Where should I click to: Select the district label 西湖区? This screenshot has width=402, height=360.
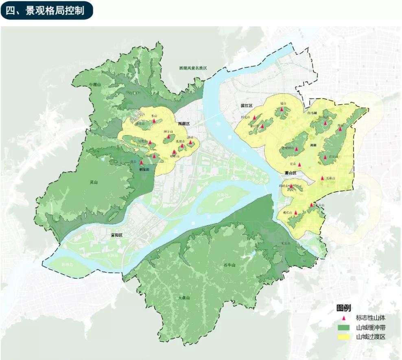pos(184,123)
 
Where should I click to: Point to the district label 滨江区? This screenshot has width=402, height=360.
pos(247,105)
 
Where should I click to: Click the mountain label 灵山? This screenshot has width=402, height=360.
pos(94,182)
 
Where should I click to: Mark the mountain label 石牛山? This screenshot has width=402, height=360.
pos(229,265)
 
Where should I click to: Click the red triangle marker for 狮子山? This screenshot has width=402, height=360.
pos(168,136)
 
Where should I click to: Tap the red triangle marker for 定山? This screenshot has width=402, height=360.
pos(299,165)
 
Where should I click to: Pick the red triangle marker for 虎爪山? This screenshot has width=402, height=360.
pos(296,212)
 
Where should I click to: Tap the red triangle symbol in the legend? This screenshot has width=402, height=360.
pos(344,318)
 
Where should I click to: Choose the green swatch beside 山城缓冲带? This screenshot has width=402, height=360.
pos(344,327)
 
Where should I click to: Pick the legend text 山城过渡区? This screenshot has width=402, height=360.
pos(370,337)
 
